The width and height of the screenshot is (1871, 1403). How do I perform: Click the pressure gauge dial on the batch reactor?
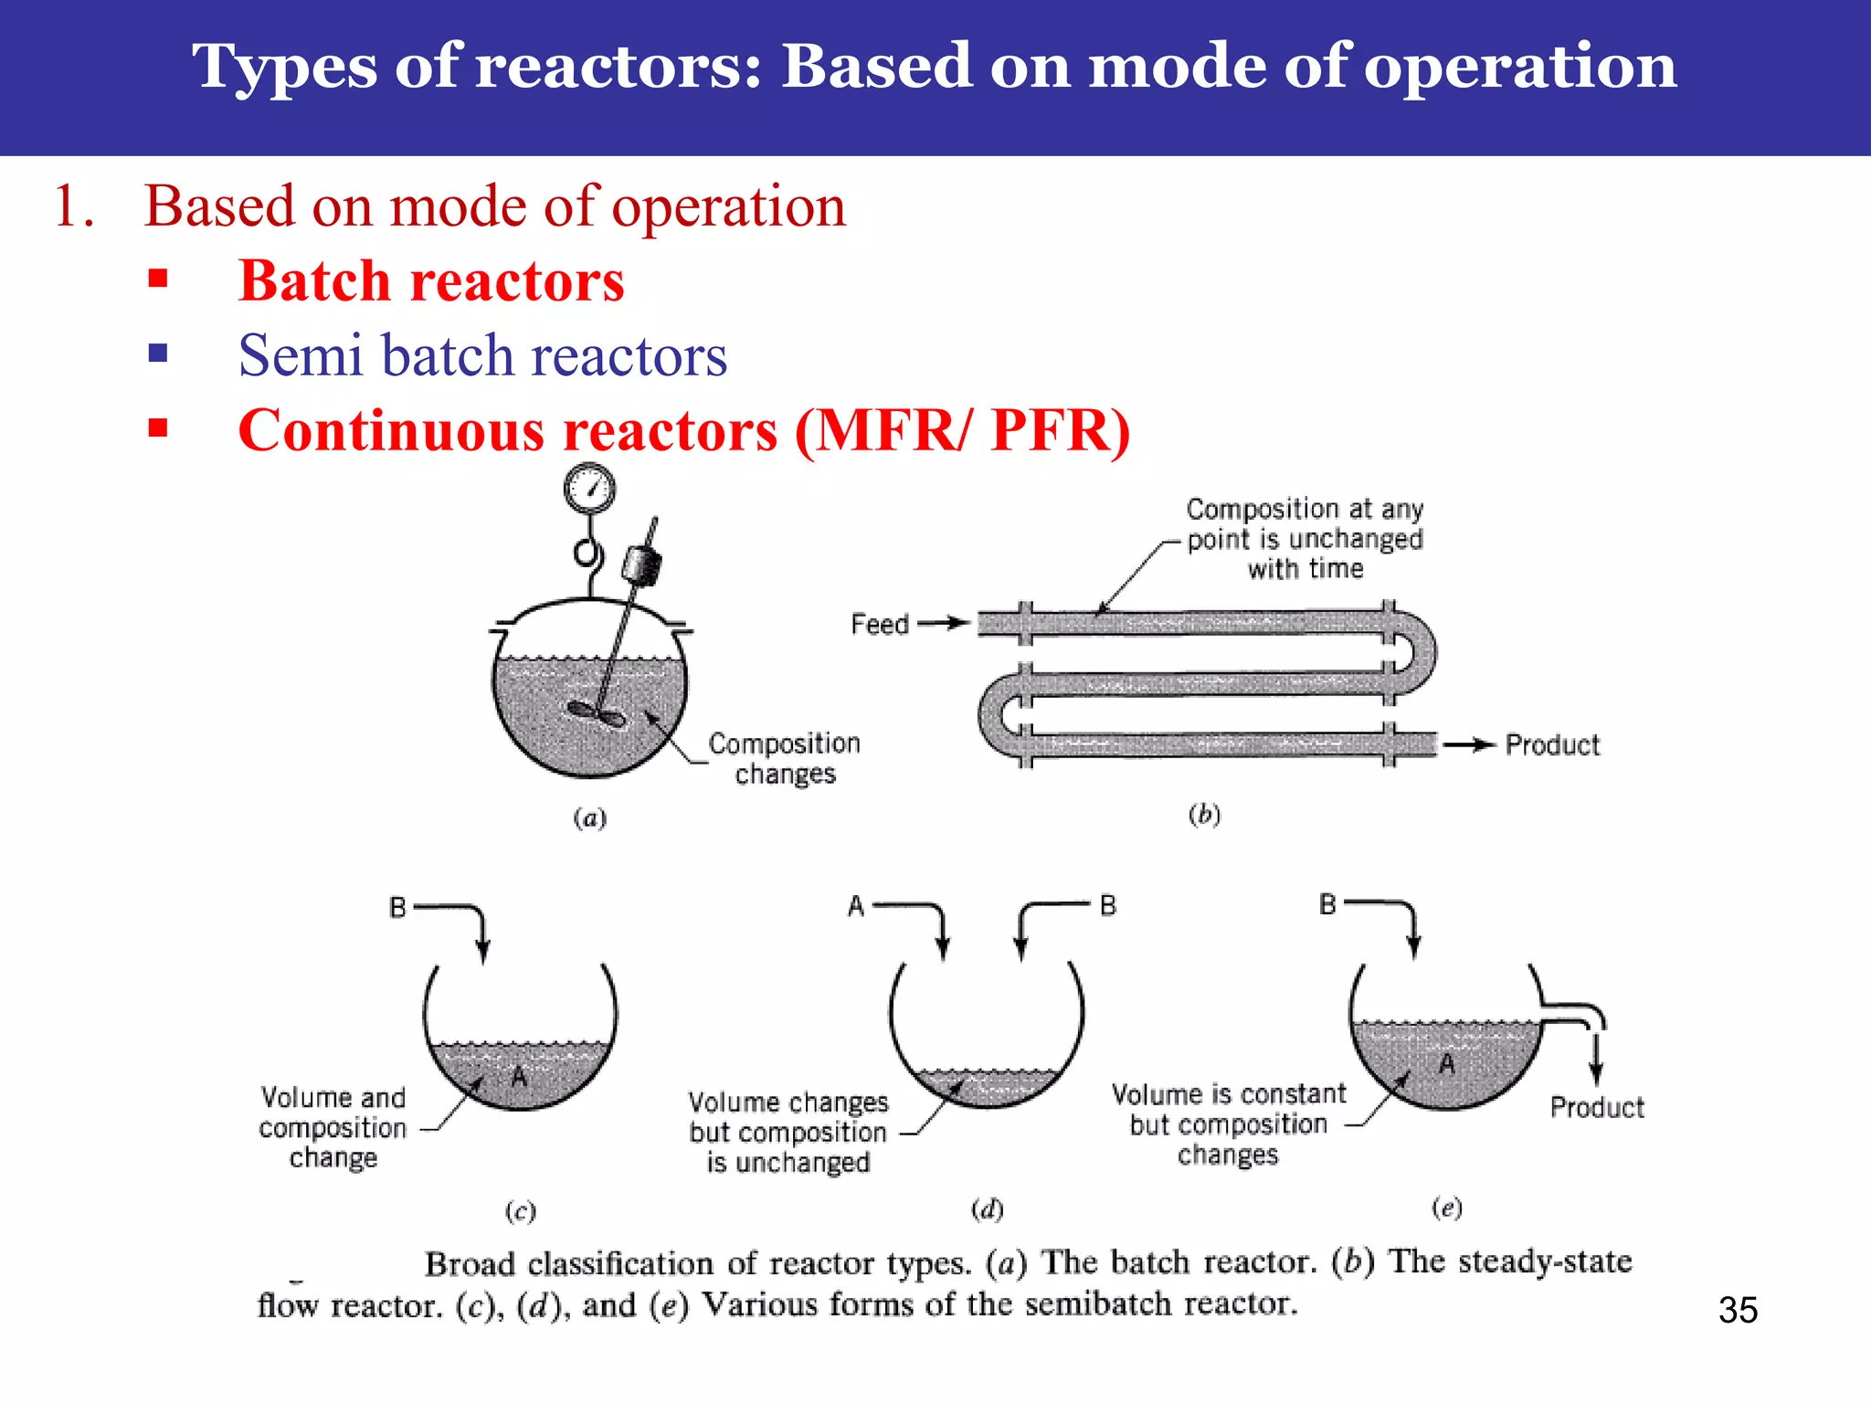589,489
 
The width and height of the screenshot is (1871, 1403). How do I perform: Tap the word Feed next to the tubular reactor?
879,624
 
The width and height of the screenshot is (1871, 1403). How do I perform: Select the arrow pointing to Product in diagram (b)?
1469,745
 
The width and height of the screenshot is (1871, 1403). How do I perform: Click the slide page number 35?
1737,1310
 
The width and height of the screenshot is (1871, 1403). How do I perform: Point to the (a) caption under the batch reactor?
589,818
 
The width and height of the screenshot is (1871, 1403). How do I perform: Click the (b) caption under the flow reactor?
1204,814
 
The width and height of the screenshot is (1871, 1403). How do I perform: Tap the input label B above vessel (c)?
397,907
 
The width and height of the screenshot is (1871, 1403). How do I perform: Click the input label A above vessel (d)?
855,906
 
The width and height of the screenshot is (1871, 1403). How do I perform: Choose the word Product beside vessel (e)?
1596,1107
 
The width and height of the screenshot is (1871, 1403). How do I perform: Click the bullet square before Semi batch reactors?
158,353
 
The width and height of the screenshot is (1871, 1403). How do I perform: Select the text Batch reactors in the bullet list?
431,280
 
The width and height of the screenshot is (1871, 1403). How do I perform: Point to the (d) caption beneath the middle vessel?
987,1209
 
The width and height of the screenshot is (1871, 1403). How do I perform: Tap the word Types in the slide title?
283,66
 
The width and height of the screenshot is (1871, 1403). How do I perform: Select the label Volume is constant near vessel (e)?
1229,1093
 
